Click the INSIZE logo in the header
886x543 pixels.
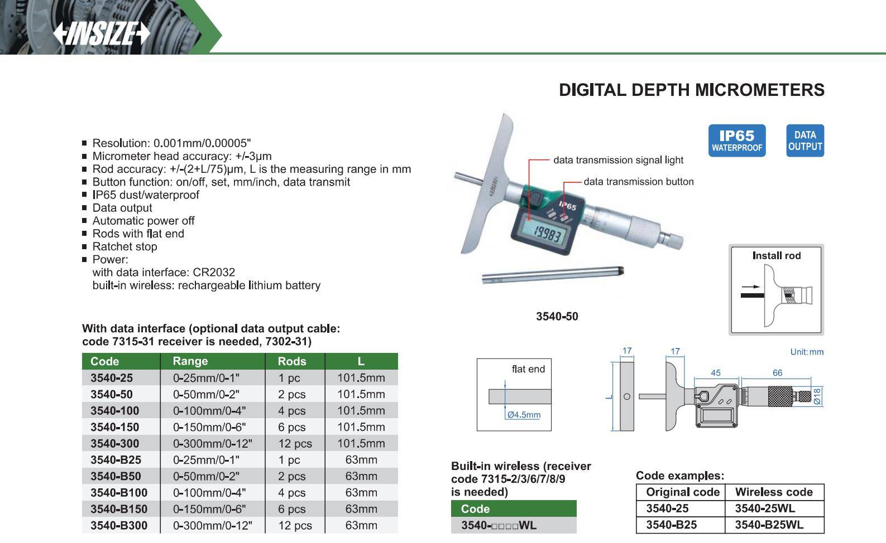(x=102, y=33)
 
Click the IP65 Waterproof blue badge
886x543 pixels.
(x=737, y=140)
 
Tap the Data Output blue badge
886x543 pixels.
(x=805, y=140)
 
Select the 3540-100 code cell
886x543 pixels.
(x=114, y=411)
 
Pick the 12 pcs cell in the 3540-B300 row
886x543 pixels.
(x=295, y=526)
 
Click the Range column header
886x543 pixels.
(x=190, y=361)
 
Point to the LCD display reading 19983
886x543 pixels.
(x=547, y=233)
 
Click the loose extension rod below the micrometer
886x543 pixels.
(x=553, y=275)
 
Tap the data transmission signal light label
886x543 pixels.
(x=618, y=160)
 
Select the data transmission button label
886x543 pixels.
(x=639, y=182)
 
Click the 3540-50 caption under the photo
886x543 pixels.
(x=557, y=316)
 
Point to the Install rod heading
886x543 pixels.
(x=777, y=255)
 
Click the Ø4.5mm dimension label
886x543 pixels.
(x=524, y=415)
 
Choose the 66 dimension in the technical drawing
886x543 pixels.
(x=777, y=373)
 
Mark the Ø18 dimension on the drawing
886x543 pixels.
(x=817, y=396)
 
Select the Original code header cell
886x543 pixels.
(x=683, y=492)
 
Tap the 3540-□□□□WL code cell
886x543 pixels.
(x=499, y=526)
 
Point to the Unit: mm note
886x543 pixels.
(x=807, y=352)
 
